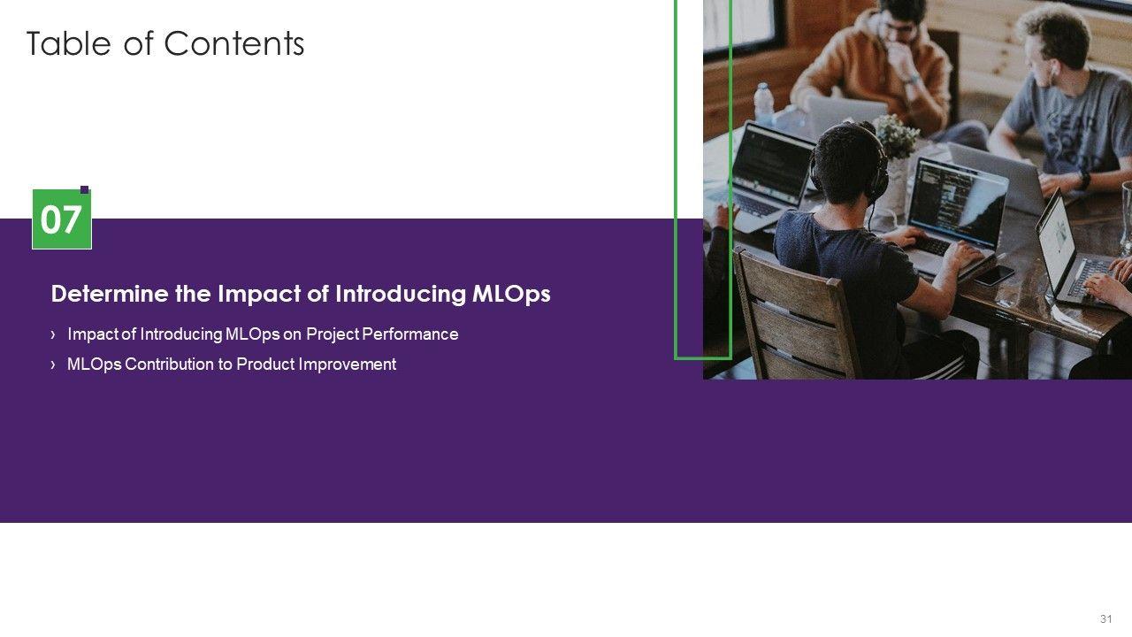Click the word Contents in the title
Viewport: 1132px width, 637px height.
point(234,43)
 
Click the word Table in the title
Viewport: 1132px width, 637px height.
point(68,43)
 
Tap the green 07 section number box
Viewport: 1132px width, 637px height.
point(62,219)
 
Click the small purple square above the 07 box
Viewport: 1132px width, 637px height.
point(85,189)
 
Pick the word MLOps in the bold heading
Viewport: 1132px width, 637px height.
point(511,295)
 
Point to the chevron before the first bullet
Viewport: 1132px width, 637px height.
point(53,334)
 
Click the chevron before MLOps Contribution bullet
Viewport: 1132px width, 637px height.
point(53,364)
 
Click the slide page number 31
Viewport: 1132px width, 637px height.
point(1106,618)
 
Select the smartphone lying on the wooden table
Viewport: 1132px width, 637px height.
point(994,275)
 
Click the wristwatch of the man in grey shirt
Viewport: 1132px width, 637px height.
point(1083,179)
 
